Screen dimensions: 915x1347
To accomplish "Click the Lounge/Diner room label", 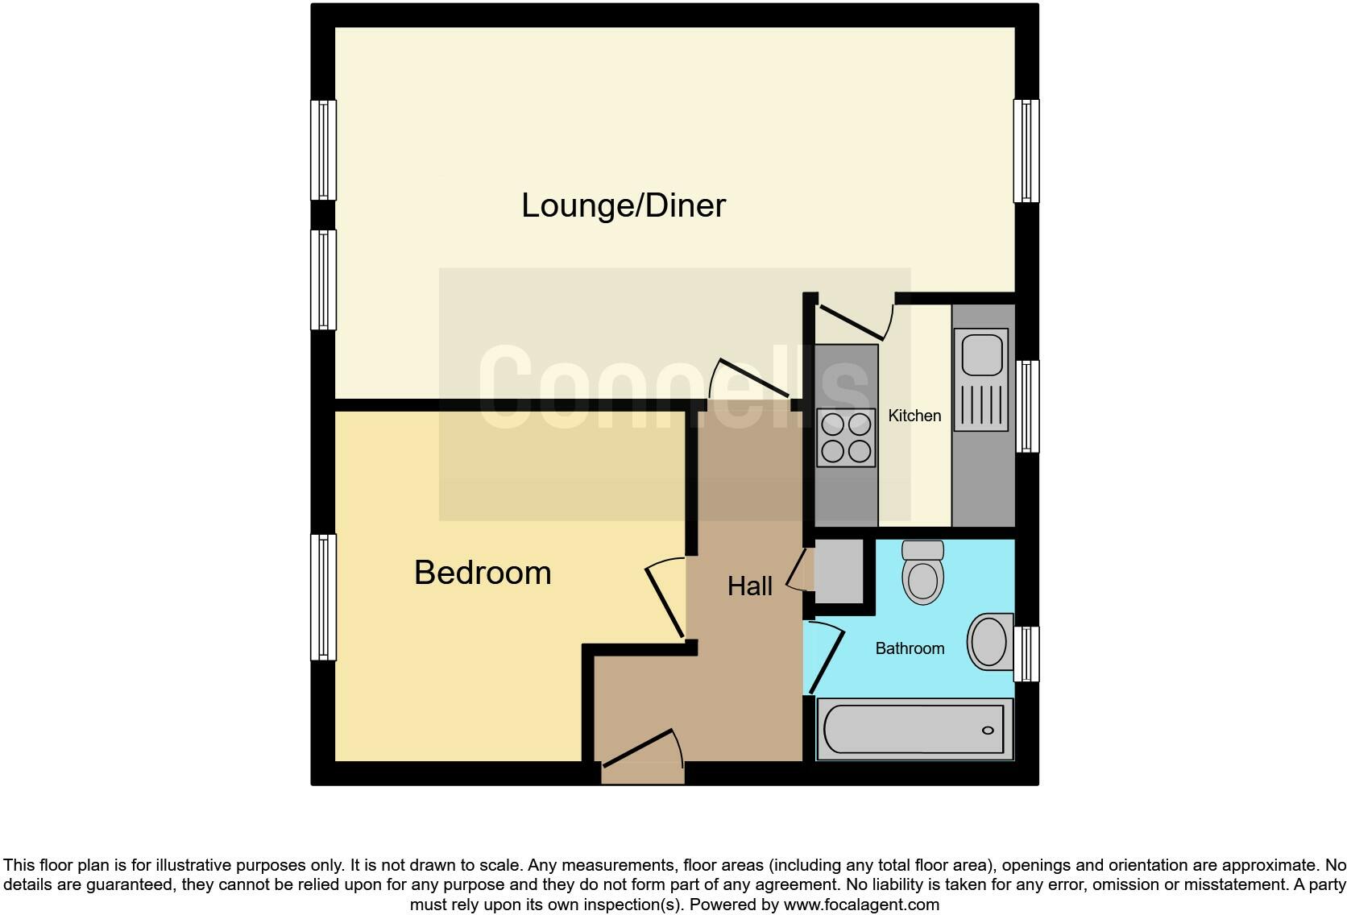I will click(x=623, y=205).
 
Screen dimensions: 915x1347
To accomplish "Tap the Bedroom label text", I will click(x=483, y=573).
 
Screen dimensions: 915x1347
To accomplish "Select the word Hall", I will click(x=749, y=586).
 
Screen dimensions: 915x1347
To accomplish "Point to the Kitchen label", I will click(x=914, y=416).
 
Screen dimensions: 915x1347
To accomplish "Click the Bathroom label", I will click(x=910, y=648).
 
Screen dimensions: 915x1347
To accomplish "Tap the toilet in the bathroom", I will click(x=923, y=573).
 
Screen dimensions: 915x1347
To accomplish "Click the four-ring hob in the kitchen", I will click(x=845, y=437).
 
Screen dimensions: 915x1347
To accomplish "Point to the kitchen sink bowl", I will click(x=980, y=353).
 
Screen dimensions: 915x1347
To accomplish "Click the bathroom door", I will click(x=827, y=660).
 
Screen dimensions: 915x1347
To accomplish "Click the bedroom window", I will click(x=324, y=597).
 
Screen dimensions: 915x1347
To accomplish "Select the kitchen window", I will click(x=1026, y=406).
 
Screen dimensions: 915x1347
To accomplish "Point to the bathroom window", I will click(x=1026, y=653).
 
